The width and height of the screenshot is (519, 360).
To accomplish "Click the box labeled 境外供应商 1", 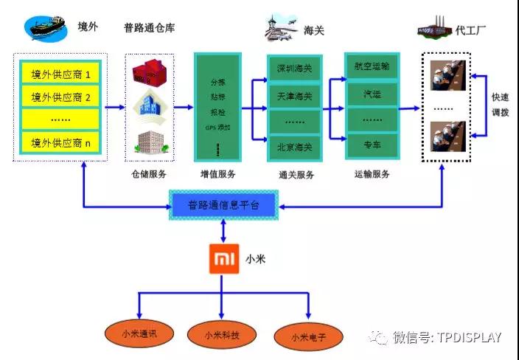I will pyautogui.click(x=60, y=75).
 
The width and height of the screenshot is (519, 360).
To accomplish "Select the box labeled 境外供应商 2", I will pyautogui.click(x=60, y=97).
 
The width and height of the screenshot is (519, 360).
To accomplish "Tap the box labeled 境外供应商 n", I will pyautogui.click(x=60, y=142).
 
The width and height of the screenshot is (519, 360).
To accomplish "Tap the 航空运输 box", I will pyautogui.click(x=372, y=67).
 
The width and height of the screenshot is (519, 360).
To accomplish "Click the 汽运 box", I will pyautogui.click(x=372, y=94).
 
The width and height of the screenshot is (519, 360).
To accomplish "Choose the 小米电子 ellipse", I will pyautogui.click(x=307, y=337).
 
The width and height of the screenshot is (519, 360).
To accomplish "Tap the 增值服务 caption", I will pyautogui.click(x=219, y=174).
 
